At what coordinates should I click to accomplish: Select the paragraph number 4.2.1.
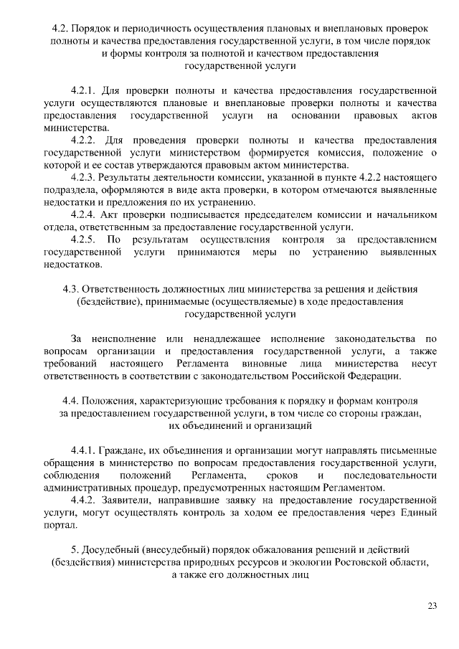coord(85,91)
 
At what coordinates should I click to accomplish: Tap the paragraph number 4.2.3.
coord(86,176)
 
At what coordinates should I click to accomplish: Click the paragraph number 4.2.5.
coord(86,238)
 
